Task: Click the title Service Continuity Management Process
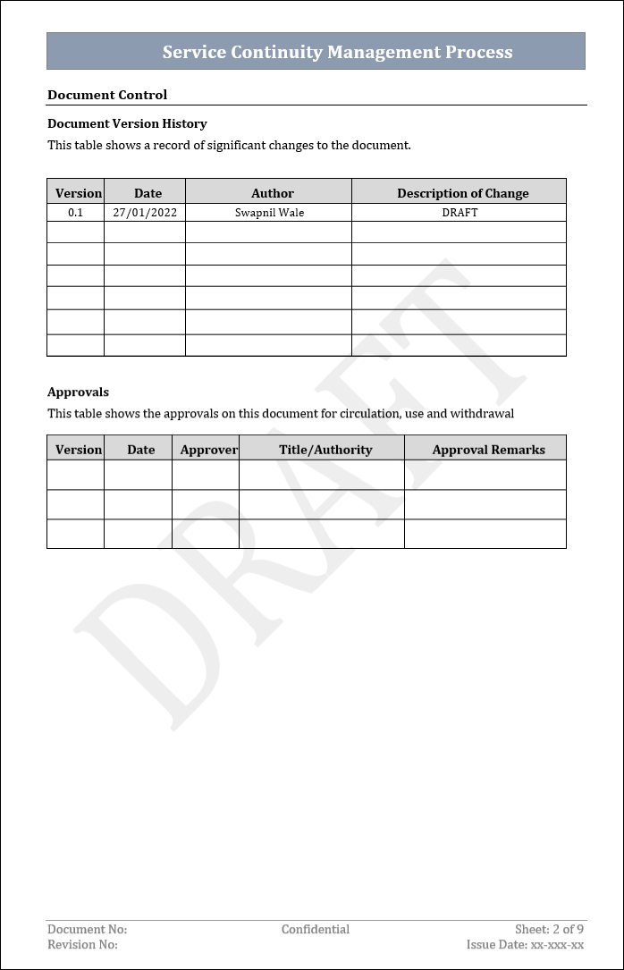(x=337, y=52)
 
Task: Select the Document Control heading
(x=107, y=95)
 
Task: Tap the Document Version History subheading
(x=127, y=123)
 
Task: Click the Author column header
(x=273, y=193)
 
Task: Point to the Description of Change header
(x=462, y=193)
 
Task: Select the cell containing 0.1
(x=75, y=213)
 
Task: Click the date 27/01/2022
(x=145, y=213)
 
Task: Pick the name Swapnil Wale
(x=269, y=213)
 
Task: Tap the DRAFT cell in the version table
(x=460, y=213)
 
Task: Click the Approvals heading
(x=78, y=392)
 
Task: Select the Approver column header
(x=209, y=450)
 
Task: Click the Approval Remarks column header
(x=488, y=450)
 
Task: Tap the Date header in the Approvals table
(x=140, y=450)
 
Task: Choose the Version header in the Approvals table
(x=79, y=450)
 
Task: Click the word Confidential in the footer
(x=315, y=930)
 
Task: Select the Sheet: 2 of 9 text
(x=549, y=930)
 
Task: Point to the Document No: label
(x=87, y=930)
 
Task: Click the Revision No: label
(x=82, y=945)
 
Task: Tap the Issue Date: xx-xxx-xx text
(x=525, y=945)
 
